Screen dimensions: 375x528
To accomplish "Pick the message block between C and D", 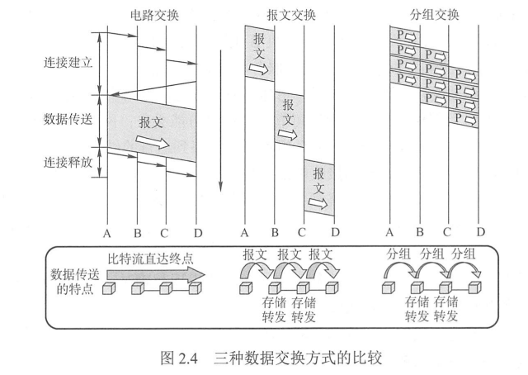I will coord(318,187).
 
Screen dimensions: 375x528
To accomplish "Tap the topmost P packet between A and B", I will coord(405,36).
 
